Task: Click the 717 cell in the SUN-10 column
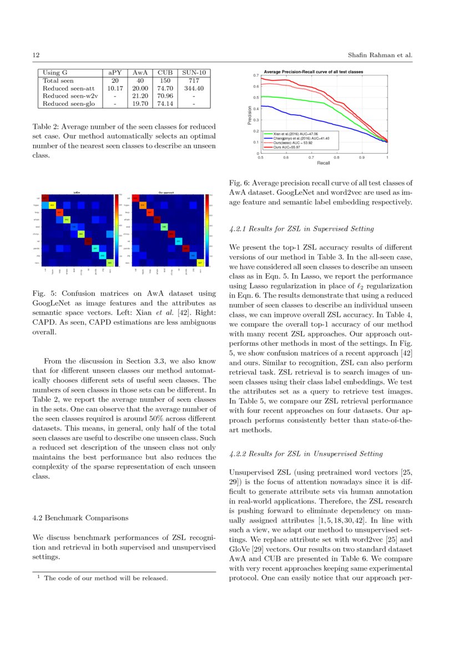click(194, 81)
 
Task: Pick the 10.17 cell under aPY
click(115, 88)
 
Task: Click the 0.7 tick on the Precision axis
click(256, 75)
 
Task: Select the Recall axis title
click(324, 163)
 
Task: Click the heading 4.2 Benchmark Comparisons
click(80, 517)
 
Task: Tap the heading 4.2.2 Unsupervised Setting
click(306, 454)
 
